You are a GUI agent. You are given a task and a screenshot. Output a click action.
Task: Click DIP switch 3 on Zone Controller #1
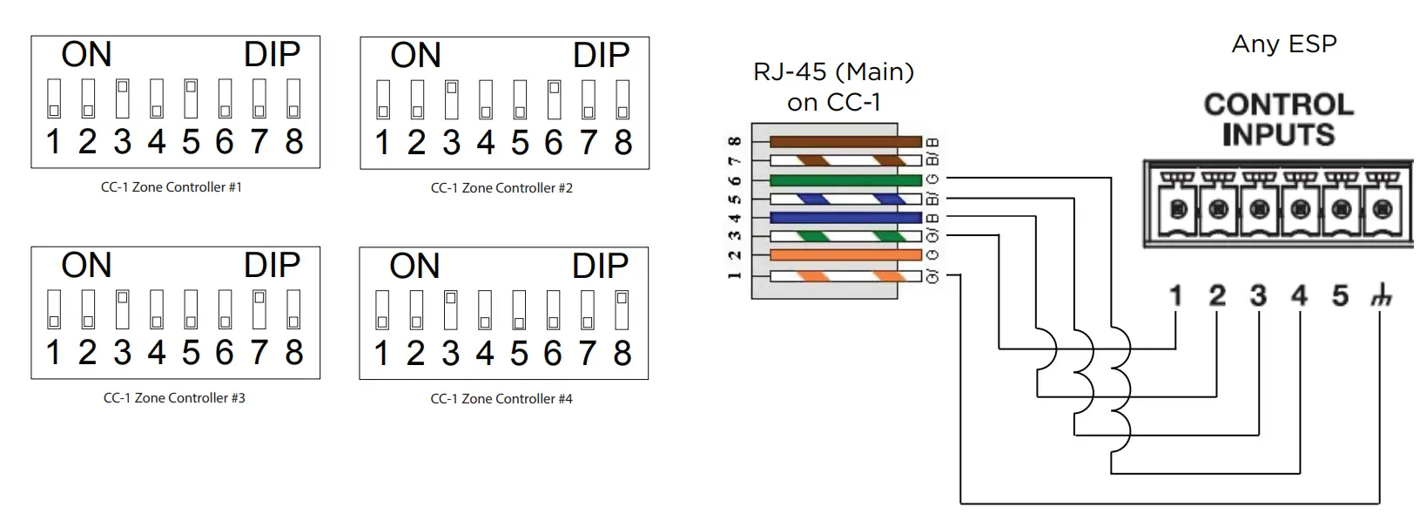coord(123,98)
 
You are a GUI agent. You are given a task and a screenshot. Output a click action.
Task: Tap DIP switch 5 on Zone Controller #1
coord(191,98)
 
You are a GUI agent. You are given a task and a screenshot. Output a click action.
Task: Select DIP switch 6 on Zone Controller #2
coord(554,99)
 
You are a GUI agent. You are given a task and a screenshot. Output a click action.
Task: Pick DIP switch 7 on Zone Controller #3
coord(259,309)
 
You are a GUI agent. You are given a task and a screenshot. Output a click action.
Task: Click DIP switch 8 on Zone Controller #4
coord(622,310)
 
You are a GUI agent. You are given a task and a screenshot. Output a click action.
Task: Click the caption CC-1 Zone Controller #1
coord(172,187)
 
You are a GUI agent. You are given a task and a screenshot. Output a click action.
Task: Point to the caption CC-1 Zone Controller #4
coord(501,399)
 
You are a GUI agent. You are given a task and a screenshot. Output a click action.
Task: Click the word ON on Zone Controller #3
coord(86,266)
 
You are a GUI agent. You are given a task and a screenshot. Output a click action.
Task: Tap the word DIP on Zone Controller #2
coord(601,56)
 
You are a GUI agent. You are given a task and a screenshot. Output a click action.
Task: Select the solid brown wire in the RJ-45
coord(845,141)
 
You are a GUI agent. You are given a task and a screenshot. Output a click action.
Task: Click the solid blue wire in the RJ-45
coord(845,218)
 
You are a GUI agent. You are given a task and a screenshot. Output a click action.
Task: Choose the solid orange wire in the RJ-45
coord(845,255)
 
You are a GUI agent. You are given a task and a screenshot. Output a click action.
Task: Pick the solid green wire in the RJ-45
coord(845,180)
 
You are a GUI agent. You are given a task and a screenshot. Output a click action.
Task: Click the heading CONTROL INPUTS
coord(1278,120)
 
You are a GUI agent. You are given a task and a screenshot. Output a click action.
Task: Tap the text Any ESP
coord(1283,44)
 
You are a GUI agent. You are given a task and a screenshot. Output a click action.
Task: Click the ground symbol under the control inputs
coord(1381,297)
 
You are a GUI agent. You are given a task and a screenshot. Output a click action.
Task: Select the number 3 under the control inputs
coord(1258,296)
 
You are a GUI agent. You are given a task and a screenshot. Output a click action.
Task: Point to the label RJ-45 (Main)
coord(833,71)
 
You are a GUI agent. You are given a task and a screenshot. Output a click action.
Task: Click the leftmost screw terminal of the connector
coord(1179,209)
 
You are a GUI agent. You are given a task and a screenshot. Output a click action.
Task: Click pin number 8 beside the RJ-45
coord(735,141)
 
